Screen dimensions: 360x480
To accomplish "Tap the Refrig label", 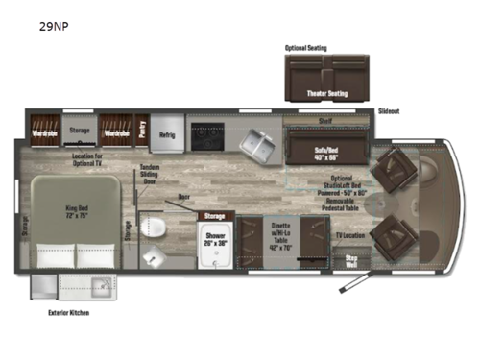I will pyautogui.click(x=166, y=134).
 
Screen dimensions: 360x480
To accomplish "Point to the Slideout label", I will pyautogui.click(x=389, y=111).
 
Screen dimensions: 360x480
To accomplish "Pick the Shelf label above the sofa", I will pyautogui.click(x=324, y=122).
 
